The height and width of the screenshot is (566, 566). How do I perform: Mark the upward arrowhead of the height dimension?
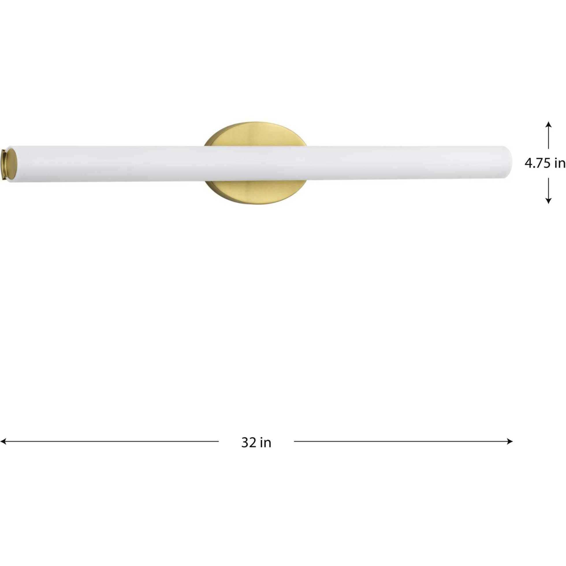pyautogui.click(x=548, y=124)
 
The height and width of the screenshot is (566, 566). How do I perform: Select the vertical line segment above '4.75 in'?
pyautogui.click(x=548, y=138)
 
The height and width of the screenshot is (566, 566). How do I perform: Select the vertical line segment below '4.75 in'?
pyautogui.click(x=548, y=187)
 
